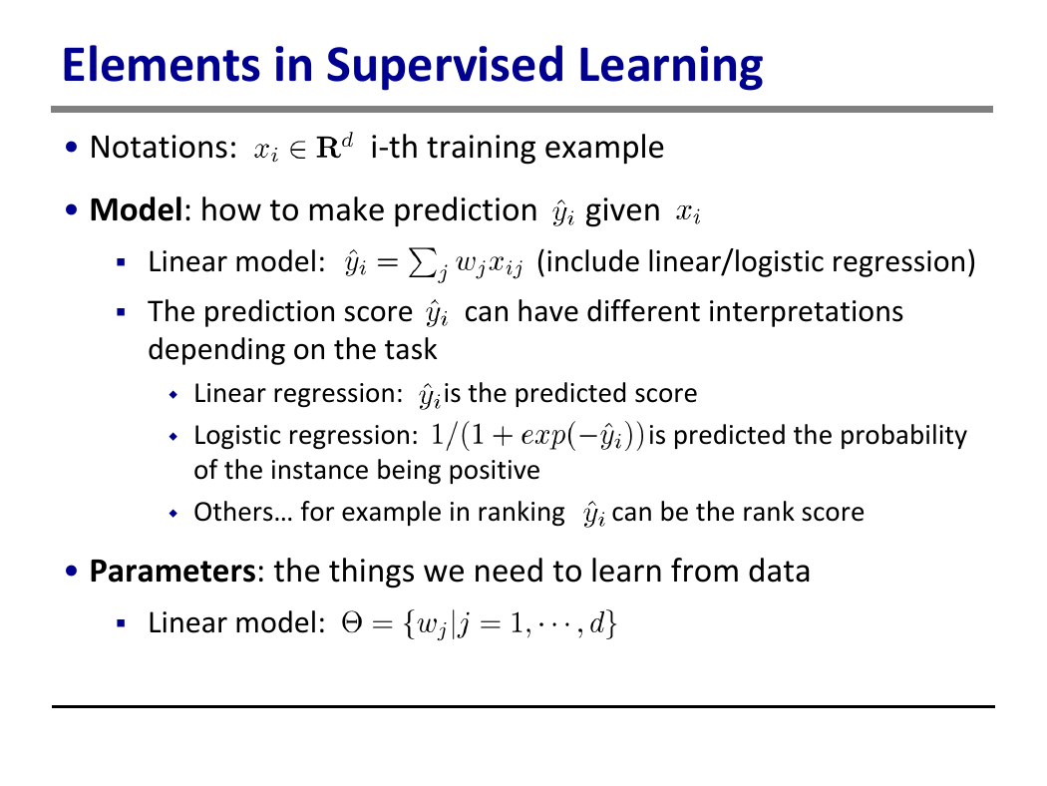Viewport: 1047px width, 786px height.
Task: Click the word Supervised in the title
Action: click(x=446, y=66)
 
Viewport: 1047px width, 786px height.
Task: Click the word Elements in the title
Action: click(x=161, y=65)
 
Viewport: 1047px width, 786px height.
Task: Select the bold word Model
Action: click(x=137, y=209)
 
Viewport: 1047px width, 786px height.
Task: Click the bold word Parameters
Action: click(x=173, y=571)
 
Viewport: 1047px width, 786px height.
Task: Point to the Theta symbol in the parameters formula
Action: click(x=351, y=623)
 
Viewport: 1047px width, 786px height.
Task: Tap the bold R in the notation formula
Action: click(x=328, y=148)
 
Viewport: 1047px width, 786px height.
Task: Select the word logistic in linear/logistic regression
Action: click(x=781, y=261)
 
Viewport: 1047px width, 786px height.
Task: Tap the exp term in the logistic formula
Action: click(x=542, y=436)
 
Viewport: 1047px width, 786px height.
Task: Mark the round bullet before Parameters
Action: click(x=72, y=572)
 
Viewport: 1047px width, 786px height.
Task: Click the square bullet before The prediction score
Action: click(x=121, y=312)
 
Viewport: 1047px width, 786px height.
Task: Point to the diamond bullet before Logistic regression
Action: click(x=174, y=437)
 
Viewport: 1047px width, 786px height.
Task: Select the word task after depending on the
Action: click(x=411, y=349)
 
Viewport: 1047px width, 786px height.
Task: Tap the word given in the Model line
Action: click(x=622, y=211)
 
